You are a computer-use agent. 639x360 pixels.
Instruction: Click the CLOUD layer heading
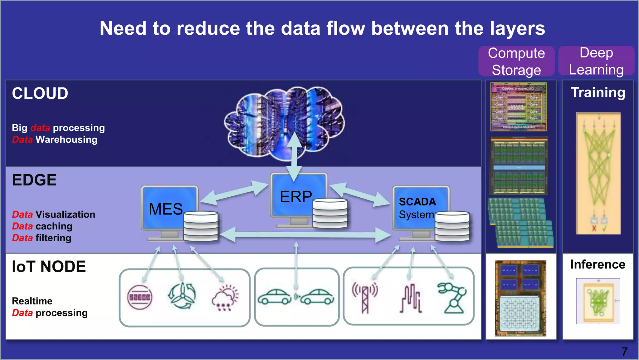point(40,93)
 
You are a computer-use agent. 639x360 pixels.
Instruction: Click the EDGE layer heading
point(34,180)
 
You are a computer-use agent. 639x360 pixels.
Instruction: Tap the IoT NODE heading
point(49,267)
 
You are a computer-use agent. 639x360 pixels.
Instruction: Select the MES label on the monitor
point(166,209)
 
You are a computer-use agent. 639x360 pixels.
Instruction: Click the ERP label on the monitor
point(295,197)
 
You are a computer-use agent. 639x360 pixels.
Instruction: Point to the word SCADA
point(417,202)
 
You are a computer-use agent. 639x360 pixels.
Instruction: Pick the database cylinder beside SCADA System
point(452,226)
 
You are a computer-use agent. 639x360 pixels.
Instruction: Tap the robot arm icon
point(452,298)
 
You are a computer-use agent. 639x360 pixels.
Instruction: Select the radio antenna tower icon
point(365,297)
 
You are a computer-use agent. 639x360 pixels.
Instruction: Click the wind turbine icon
point(182,296)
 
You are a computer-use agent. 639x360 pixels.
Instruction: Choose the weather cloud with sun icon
point(225,298)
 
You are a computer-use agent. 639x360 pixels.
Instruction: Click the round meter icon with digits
point(140,297)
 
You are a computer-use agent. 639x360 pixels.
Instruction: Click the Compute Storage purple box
point(516,61)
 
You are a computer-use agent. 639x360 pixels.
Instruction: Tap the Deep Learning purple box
point(596,61)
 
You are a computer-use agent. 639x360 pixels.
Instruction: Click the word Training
point(598,92)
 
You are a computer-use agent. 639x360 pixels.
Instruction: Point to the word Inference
point(598,264)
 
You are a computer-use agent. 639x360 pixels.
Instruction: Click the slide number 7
point(624,352)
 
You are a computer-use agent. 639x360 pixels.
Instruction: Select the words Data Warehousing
point(55,140)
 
